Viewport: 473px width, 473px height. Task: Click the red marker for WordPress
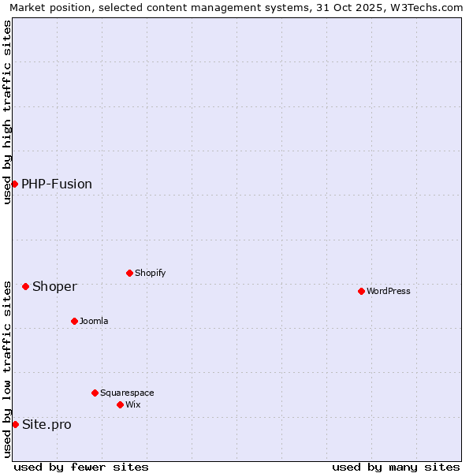[361, 291]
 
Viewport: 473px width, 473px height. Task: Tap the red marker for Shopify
[129, 273]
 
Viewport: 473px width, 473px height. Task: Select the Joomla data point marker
[74, 321]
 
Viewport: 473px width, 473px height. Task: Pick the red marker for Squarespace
[95, 393]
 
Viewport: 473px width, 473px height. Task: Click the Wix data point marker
[120, 404]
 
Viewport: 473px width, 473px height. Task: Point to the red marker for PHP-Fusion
[14, 184]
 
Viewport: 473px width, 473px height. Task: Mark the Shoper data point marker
[25, 286]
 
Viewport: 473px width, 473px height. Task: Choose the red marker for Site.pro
[15, 424]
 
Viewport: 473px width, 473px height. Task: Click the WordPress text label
[389, 291]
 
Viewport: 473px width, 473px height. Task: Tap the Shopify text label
[150, 273]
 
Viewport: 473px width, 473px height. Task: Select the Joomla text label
[94, 321]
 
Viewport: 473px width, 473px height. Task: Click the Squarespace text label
[127, 393]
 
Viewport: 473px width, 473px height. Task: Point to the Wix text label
[132, 404]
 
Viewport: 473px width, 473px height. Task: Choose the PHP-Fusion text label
[57, 184]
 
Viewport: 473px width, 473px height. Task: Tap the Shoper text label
[54, 286]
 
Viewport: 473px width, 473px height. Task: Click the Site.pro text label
[47, 424]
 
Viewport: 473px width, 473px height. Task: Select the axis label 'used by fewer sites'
[81, 467]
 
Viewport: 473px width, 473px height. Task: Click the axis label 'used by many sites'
[396, 467]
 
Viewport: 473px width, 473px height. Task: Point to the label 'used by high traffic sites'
[7, 112]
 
